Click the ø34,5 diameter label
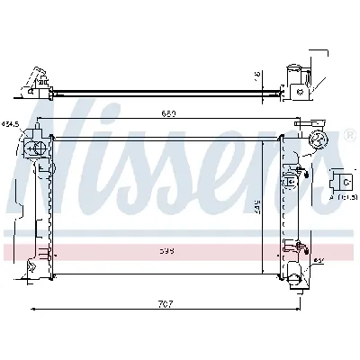click(x=12, y=123)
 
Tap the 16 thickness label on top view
click(x=258, y=75)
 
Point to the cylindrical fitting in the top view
click(x=294, y=78)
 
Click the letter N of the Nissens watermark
click(x=63, y=153)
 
